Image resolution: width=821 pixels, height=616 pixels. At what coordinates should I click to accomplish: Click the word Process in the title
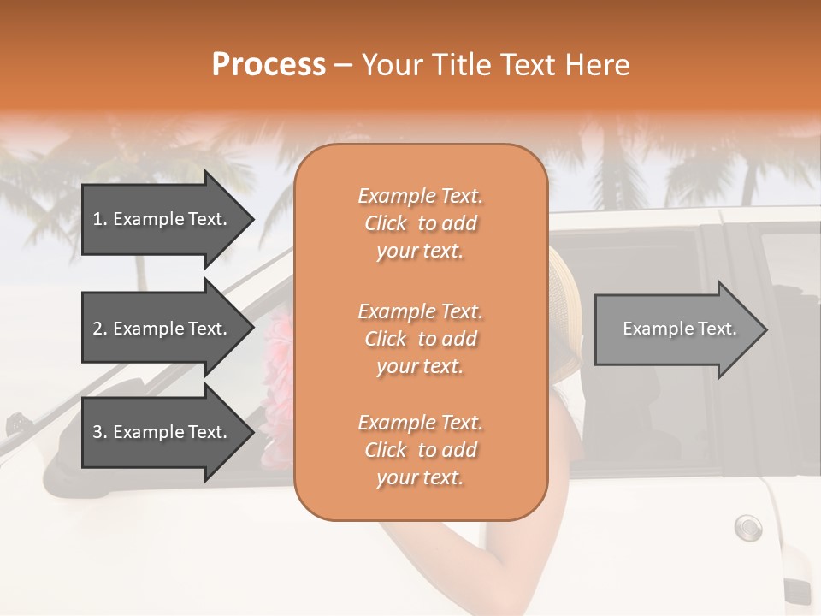[x=269, y=64]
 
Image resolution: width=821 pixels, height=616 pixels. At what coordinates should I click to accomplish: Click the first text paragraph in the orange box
[x=420, y=223]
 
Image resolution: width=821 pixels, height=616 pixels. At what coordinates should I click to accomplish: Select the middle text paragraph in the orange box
[x=420, y=339]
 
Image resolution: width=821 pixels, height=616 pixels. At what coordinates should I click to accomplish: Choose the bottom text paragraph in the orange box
[x=420, y=450]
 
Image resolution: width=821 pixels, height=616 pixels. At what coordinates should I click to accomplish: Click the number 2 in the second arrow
[x=97, y=329]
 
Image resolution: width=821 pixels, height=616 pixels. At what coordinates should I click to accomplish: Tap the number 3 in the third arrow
[x=97, y=432]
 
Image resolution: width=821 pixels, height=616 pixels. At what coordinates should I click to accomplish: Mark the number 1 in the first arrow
[x=97, y=219]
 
